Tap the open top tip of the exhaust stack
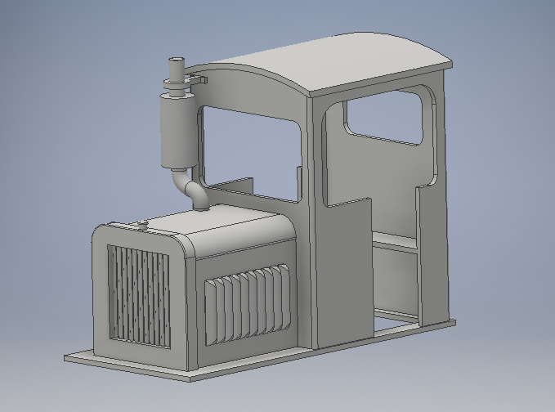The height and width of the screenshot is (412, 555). pyautogui.click(x=176, y=61)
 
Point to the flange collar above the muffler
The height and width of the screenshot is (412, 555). pyautogui.click(x=175, y=82)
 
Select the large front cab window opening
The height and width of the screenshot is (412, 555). pyautogui.click(x=249, y=155)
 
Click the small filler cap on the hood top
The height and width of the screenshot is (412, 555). pyautogui.click(x=141, y=222)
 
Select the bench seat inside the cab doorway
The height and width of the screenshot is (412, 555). pyautogui.click(x=396, y=240)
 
